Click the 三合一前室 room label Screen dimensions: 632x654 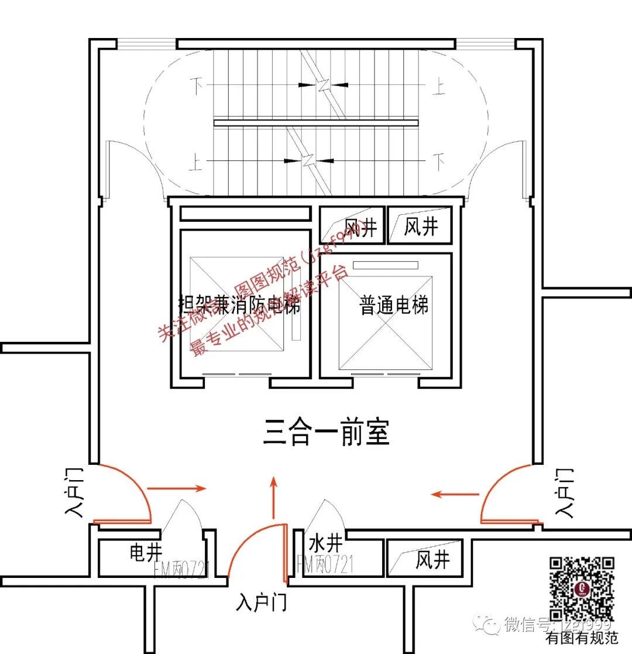[x=326, y=434]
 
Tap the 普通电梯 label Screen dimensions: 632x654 [x=394, y=305]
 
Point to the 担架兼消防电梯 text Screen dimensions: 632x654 [x=239, y=306]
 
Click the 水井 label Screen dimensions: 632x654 [x=325, y=543]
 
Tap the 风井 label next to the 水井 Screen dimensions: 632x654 [x=433, y=560]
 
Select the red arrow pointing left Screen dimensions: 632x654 [x=455, y=495]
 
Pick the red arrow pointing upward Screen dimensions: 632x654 [x=273, y=498]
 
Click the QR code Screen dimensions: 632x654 [x=582, y=588]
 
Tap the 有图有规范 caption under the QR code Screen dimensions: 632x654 [x=582, y=638]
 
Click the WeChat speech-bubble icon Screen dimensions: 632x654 [x=487, y=624]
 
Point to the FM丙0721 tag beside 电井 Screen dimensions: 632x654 [x=183, y=569]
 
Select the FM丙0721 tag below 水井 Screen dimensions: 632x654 [x=326, y=565]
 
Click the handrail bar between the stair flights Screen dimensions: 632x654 [x=316, y=123]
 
